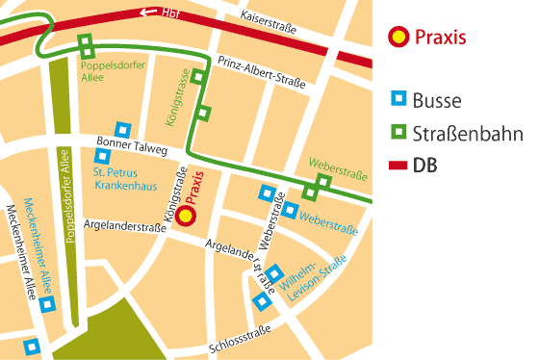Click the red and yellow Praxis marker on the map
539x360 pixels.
click(x=188, y=217)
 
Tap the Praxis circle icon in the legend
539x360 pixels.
click(x=397, y=39)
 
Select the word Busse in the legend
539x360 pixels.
click(x=437, y=100)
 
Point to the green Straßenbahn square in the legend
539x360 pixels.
click(x=397, y=132)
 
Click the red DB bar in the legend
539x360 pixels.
click(x=397, y=166)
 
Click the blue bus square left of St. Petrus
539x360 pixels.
click(x=102, y=156)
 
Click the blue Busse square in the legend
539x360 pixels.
click(x=397, y=100)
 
